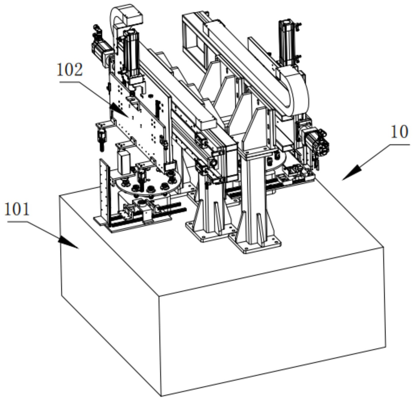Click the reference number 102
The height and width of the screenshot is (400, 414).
pos(70,70)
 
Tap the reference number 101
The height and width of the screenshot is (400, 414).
pos(17,209)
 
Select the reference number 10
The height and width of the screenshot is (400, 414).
pos(400,132)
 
